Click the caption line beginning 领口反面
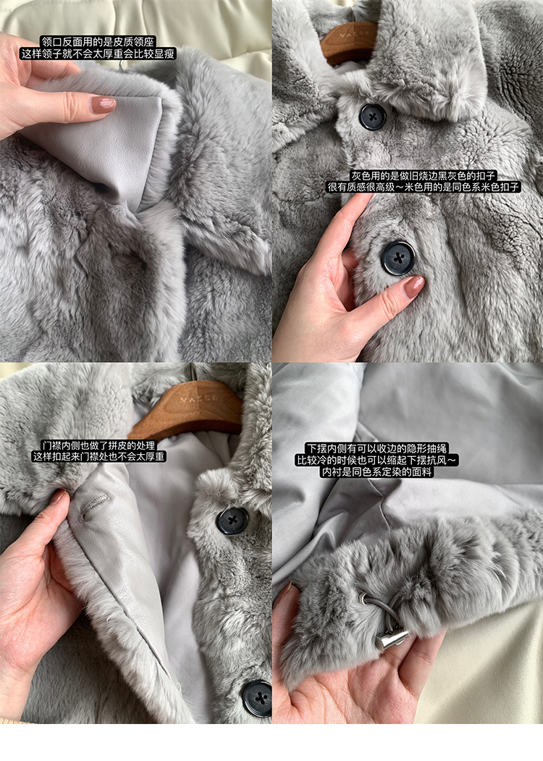pos(97,42)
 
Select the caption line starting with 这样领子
pos(97,54)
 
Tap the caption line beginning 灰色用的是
pos(423,176)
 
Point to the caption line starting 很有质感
pos(423,187)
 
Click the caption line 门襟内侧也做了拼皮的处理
pos(98,445)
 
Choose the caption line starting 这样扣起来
pos(98,456)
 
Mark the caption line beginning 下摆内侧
pos(376,448)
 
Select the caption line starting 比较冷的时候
pos(376,460)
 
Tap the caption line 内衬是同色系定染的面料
pos(376,472)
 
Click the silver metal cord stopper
pos(394,639)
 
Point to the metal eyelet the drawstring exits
pos(366,599)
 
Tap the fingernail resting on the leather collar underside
pos(104,104)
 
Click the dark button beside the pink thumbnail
pos(398,258)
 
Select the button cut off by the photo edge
pos(257,698)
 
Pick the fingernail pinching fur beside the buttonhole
pos(59,497)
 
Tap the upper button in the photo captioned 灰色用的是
pos(373,117)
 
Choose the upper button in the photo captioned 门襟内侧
pos(232,521)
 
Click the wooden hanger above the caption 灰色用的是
pos(348,43)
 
